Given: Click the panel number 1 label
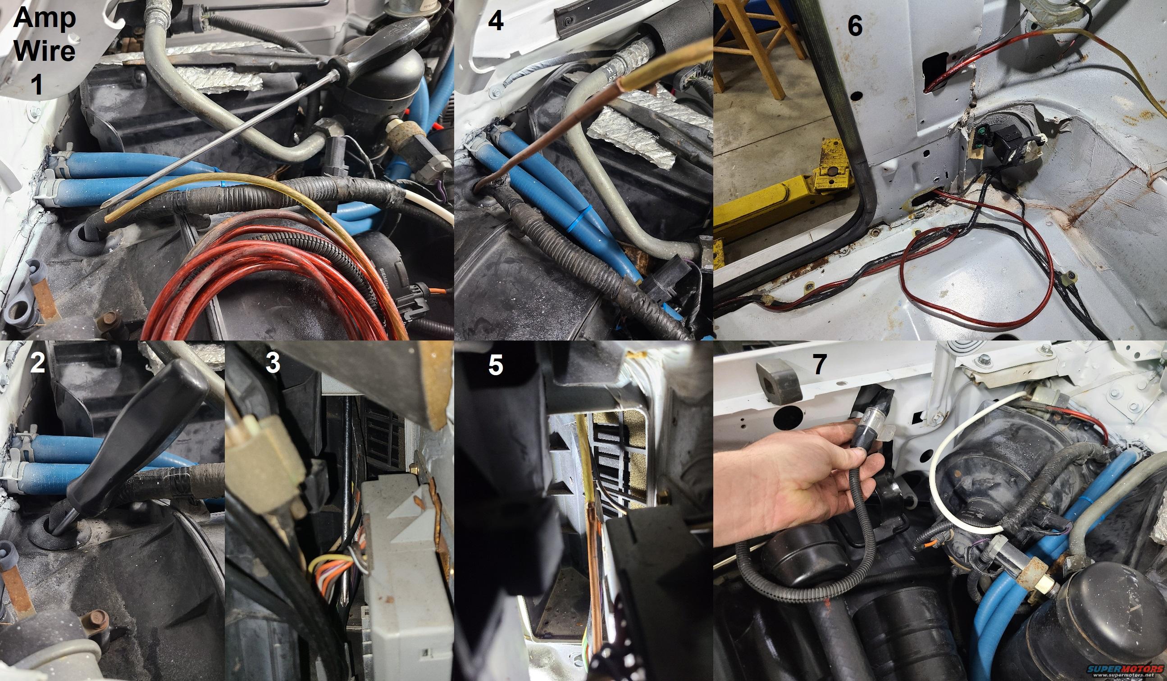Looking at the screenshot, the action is (36, 85).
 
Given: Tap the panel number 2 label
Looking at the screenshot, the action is (37, 363).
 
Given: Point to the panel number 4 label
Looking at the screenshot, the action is (496, 21).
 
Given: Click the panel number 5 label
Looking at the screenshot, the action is (496, 365).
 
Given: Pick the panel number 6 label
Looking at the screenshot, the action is (855, 26).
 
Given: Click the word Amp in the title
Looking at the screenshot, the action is (45, 19).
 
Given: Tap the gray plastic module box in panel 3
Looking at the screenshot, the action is (403, 574).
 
